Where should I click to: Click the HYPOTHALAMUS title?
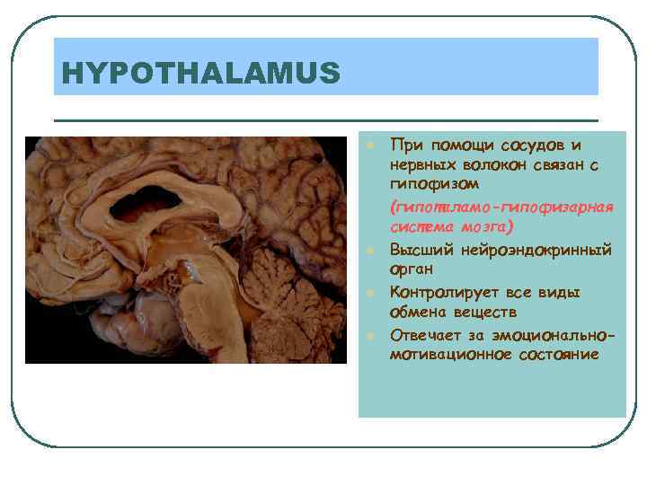(x=198, y=72)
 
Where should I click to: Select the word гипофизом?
(x=428, y=184)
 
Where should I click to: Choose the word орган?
(x=412, y=269)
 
